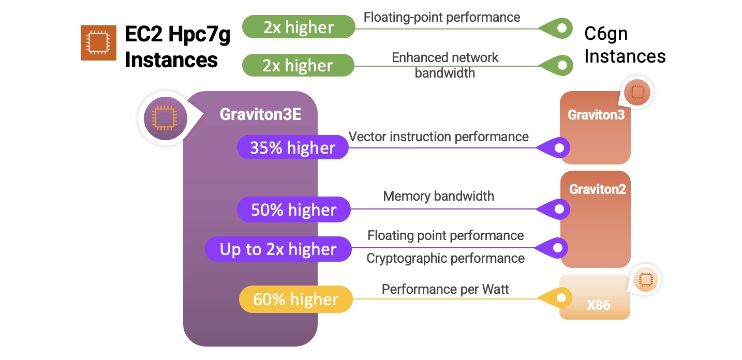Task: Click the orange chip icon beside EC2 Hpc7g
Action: [98, 43]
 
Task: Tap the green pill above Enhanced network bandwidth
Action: [298, 65]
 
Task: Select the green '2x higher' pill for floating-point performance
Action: [299, 27]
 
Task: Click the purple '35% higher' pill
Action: [293, 147]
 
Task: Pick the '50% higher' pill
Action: [294, 209]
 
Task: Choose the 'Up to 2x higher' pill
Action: [278, 249]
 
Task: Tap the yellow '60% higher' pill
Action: [296, 299]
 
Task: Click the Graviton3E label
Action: [260, 114]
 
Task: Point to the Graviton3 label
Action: [596, 115]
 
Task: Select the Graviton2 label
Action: [598, 189]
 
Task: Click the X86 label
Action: [598, 305]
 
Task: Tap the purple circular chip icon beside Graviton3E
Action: [165, 118]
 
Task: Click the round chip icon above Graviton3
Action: [637, 92]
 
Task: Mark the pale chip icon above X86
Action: [646, 279]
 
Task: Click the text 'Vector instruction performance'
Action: [439, 137]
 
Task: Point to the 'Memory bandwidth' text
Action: [439, 196]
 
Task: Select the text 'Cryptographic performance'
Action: [446, 258]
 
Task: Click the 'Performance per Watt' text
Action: [445, 289]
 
